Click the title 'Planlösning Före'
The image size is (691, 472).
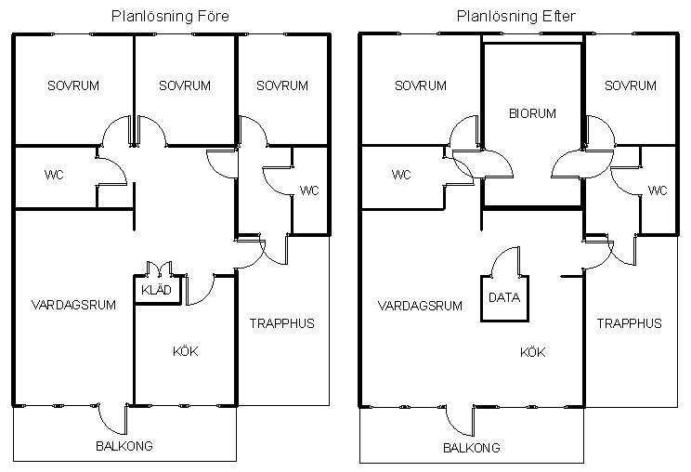170,17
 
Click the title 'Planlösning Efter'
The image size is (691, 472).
516,17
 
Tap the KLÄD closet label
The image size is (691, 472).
156,290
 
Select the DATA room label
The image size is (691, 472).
504,297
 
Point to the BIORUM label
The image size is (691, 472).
532,113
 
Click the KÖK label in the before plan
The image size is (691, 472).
186,351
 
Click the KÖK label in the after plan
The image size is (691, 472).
533,352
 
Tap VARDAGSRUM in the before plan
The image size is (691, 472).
73,305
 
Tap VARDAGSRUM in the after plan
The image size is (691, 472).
420,306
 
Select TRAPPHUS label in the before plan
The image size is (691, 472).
282,323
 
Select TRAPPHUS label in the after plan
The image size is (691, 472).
630,323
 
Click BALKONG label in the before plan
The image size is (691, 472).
124,446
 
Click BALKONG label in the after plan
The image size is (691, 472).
472,448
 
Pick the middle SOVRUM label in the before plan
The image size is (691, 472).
185,85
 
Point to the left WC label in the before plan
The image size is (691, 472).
54,175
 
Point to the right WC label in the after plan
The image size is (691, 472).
658,190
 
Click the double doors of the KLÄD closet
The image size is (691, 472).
159,269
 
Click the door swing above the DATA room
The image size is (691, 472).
505,261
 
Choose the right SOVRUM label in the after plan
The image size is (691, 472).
631,85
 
